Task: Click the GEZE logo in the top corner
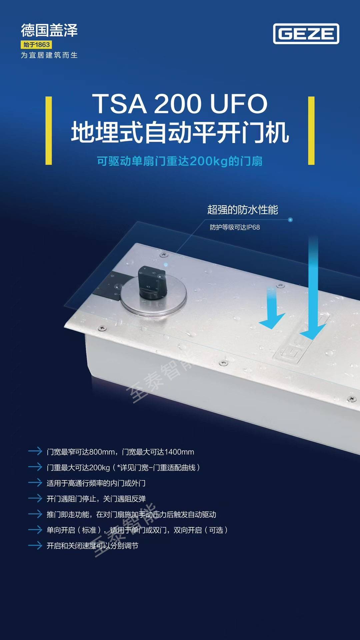click(x=306, y=34)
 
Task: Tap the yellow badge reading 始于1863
click(x=36, y=45)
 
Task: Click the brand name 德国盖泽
click(x=49, y=30)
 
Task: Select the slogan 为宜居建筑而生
click(x=49, y=55)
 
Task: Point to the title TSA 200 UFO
click(x=180, y=104)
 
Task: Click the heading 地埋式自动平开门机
click(x=180, y=133)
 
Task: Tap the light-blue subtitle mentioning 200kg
click(x=180, y=161)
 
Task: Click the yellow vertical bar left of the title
click(x=49, y=131)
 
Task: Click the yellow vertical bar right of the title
click(x=311, y=131)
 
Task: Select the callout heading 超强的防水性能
click(x=243, y=210)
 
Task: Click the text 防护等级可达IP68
click(x=235, y=227)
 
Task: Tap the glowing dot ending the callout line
click(x=290, y=220)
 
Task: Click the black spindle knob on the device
click(x=152, y=282)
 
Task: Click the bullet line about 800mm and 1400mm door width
click(x=120, y=452)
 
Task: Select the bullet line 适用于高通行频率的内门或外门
click(x=96, y=483)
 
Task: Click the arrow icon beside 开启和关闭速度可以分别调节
click(x=35, y=546)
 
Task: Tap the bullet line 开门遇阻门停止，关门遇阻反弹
click(x=96, y=499)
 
